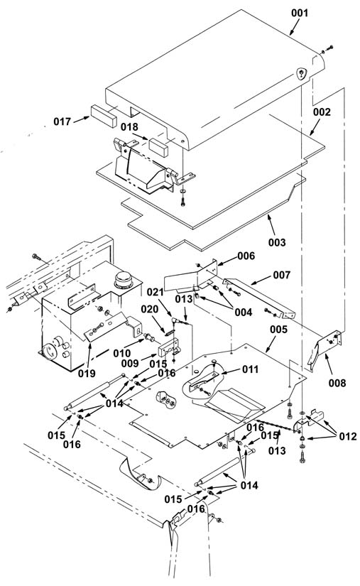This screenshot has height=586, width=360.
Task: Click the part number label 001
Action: tap(300, 13)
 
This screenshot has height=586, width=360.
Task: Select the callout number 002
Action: tap(322, 112)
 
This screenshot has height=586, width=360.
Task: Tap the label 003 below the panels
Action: tap(277, 242)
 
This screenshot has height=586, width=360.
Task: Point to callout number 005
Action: tap(278, 330)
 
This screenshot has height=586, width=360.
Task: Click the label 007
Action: tap(282, 275)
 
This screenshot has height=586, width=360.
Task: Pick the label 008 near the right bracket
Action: tap(337, 383)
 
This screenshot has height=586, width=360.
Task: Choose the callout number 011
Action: tap(250, 369)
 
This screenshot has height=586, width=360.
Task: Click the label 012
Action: tap(348, 436)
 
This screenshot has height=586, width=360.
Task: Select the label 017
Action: tap(62, 121)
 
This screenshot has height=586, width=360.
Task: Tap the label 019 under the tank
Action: tap(87, 373)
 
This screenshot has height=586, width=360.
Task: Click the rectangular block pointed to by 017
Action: tap(104, 116)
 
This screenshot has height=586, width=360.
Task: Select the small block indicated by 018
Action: tap(158, 147)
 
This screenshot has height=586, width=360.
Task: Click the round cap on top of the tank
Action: tap(124, 280)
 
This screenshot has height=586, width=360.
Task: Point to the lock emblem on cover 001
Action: tap(301, 73)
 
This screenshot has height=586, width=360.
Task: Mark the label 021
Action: tap(155, 292)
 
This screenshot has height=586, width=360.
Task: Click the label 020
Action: tap(149, 310)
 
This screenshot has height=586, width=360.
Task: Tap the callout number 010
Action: tap(122, 353)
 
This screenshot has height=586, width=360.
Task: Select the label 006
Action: tap(246, 256)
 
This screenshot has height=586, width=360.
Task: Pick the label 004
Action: tap(243, 312)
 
